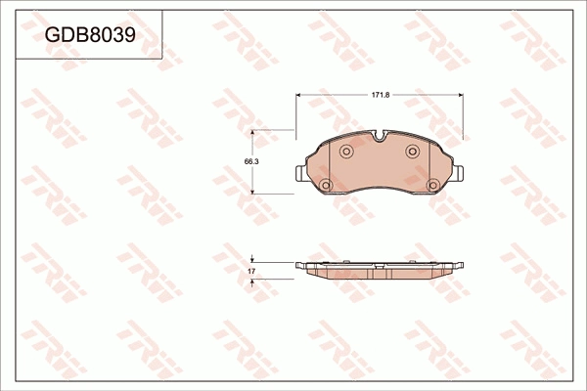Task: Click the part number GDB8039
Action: coord(90,35)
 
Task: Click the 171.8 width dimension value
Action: coord(381,95)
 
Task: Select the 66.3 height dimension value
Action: coord(251,161)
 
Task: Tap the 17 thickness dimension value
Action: coord(251,271)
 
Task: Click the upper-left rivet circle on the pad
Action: coord(346,152)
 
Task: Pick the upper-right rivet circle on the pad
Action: coord(412,152)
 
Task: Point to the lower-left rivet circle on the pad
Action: coord(326,185)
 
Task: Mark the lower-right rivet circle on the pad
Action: coord(433,185)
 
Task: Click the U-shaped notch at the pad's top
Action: coord(380,136)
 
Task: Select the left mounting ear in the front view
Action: coord(301,174)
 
